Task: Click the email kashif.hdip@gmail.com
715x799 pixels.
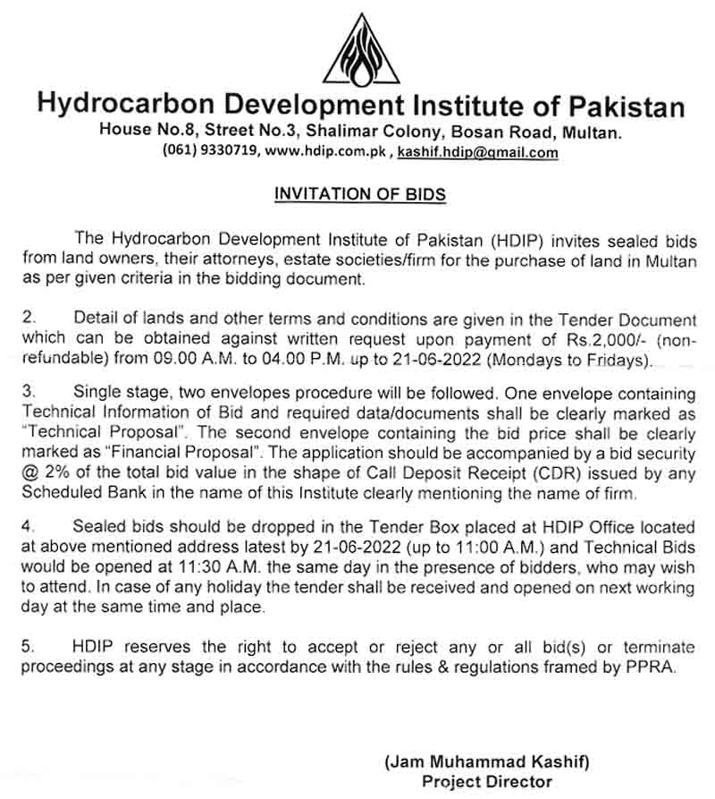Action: click(x=478, y=152)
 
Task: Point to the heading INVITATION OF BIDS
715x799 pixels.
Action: click(x=359, y=193)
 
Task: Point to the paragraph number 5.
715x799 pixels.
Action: click(x=27, y=647)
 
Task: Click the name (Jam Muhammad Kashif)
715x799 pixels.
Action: click(x=487, y=762)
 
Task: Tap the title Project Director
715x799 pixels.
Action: click(x=487, y=782)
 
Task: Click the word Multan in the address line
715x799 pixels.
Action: click(x=590, y=132)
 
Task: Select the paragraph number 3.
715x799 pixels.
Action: click(x=27, y=394)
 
